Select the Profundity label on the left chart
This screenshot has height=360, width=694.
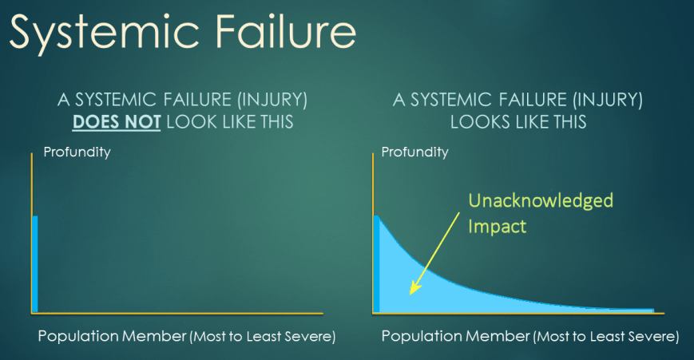coord(77,152)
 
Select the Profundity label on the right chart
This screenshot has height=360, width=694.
coord(415,152)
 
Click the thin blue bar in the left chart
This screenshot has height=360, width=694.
coord(34,263)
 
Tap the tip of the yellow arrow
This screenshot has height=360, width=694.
coord(410,293)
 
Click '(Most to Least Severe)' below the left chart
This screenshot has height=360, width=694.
coord(261,337)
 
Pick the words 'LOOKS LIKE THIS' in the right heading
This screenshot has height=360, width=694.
coord(518,123)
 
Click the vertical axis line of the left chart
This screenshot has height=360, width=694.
coord(31,231)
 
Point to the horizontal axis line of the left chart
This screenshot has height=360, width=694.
coord(176,312)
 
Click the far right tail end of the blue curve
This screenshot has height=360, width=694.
coord(650,310)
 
